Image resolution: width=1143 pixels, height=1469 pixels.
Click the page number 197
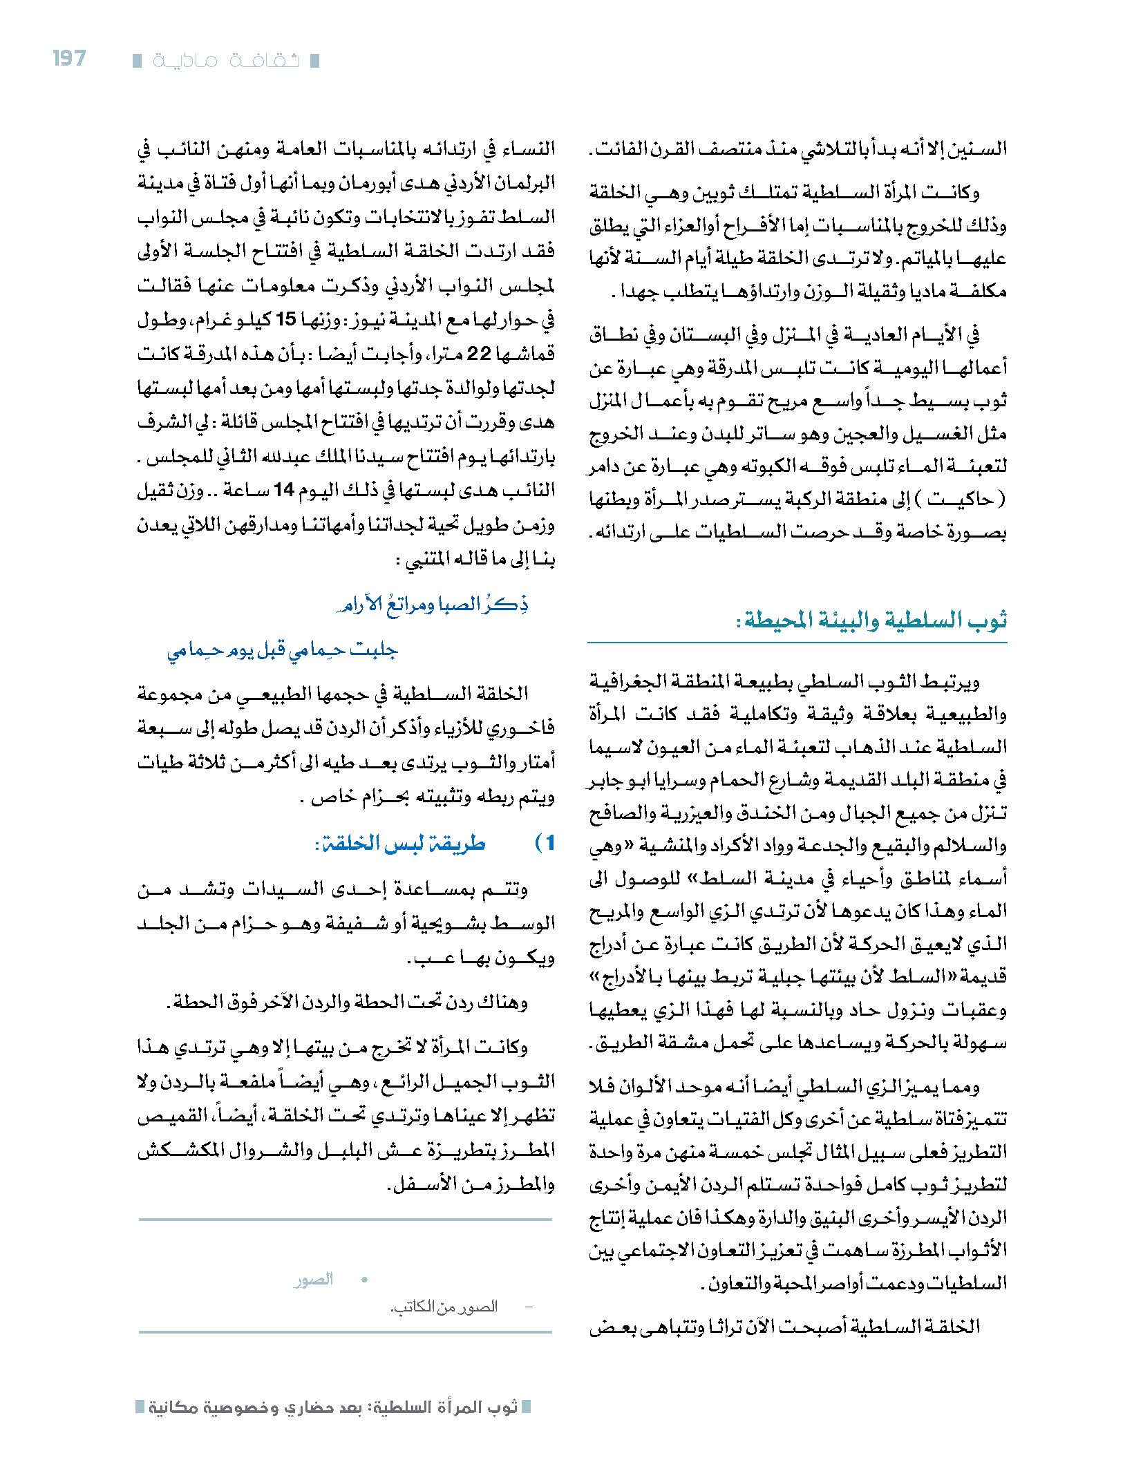[69, 59]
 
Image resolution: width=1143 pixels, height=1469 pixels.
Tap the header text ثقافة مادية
[226, 61]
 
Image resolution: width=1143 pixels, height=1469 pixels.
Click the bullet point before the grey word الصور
[363, 1280]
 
